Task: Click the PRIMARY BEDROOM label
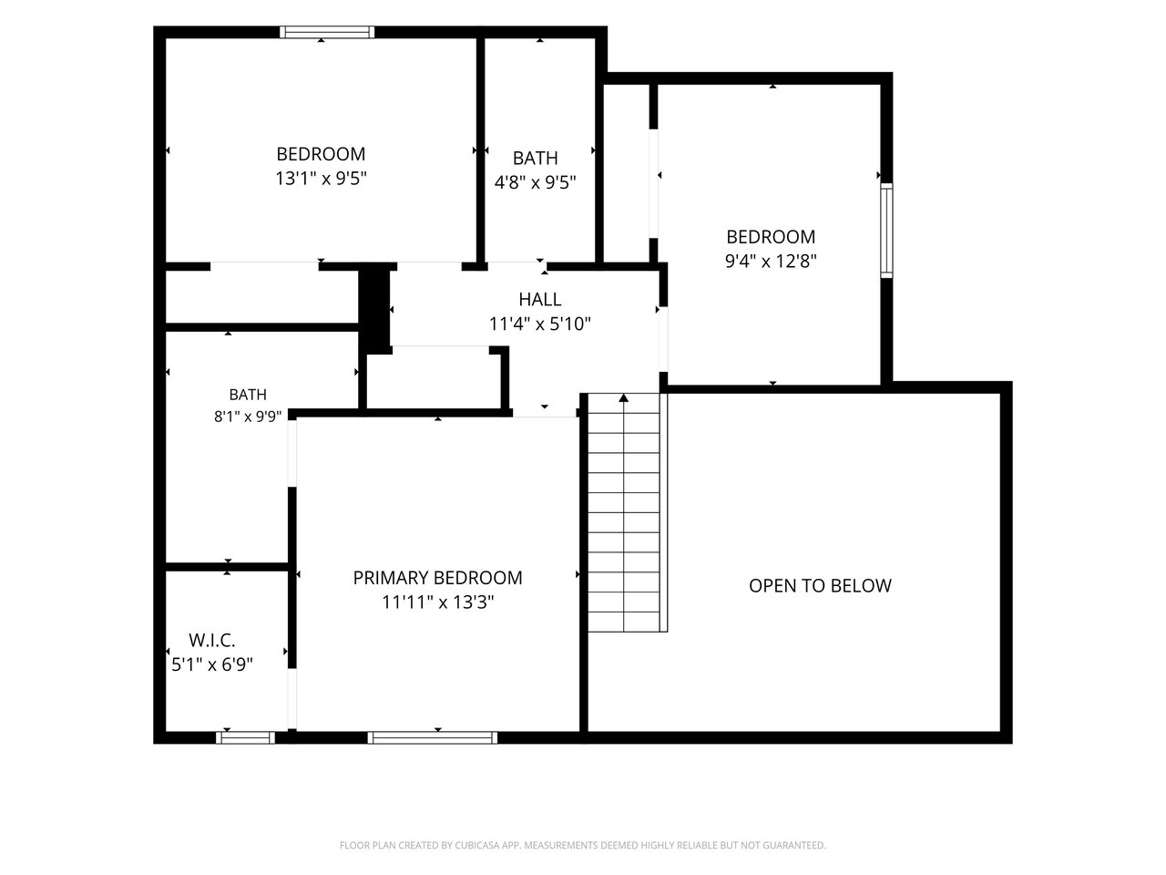pyautogui.click(x=437, y=578)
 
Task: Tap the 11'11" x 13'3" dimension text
pyautogui.click(x=438, y=602)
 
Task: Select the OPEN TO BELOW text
pyautogui.click(x=820, y=585)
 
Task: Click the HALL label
pyautogui.click(x=539, y=299)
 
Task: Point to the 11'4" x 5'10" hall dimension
pyautogui.click(x=539, y=324)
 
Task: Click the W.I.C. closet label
pyautogui.click(x=211, y=640)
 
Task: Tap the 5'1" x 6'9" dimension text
pyautogui.click(x=212, y=664)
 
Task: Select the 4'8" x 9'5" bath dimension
pyautogui.click(x=535, y=182)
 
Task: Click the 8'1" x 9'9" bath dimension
pyautogui.click(x=248, y=416)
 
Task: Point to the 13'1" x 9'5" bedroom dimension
pyautogui.click(x=321, y=178)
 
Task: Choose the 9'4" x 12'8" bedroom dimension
pyautogui.click(x=771, y=261)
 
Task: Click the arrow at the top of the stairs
pyautogui.click(x=624, y=397)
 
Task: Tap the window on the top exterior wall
pyautogui.click(x=327, y=33)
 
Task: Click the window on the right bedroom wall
pyautogui.click(x=886, y=230)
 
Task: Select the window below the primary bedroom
pyautogui.click(x=433, y=737)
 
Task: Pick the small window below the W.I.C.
pyautogui.click(x=245, y=737)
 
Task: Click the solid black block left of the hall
pyautogui.click(x=375, y=310)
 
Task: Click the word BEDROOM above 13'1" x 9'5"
pyautogui.click(x=321, y=154)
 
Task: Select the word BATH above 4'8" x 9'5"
pyautogui.click(x=535, y=158)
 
